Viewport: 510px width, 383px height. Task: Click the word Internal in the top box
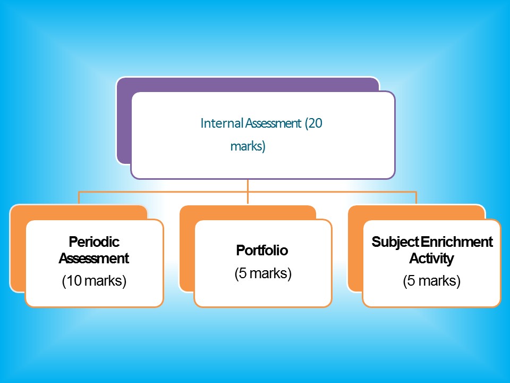click(222, 123)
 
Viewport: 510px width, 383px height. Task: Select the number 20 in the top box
click(315, 123)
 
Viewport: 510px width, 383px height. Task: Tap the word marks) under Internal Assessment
click(248, 146)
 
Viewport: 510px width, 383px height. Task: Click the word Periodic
click(94, 242)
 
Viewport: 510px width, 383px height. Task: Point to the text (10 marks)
click(94, 281)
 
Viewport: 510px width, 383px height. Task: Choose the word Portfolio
click(262, 250)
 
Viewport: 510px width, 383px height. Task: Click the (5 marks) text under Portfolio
click(263, 273)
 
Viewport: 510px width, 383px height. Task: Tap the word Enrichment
click(457, 242)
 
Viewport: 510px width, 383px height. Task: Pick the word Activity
click(431, 259)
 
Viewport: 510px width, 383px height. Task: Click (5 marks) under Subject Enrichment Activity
click(431, 281)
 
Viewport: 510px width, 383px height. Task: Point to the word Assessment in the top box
click(273, 123)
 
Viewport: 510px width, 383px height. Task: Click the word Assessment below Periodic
click(94, 259)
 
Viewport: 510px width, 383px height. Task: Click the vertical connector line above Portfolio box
click(248, 191)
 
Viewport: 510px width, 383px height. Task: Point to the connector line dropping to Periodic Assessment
click(79, 198)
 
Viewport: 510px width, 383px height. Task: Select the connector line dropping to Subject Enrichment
click(416, 198)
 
